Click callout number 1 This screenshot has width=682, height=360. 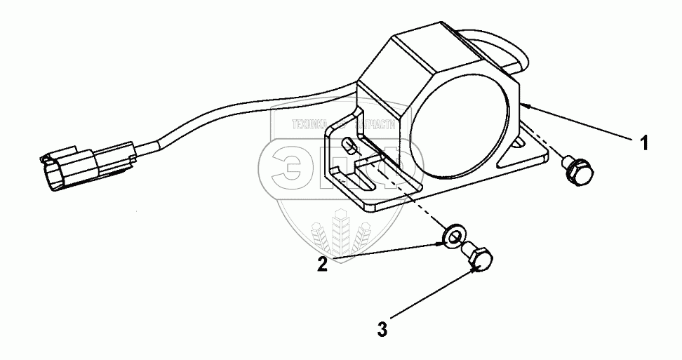click(642, 143)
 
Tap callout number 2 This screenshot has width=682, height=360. click(321, 265)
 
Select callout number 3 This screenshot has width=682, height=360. click(382, 328)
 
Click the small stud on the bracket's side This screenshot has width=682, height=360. click(348, 147)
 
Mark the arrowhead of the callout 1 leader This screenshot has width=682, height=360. click(523, 104)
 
